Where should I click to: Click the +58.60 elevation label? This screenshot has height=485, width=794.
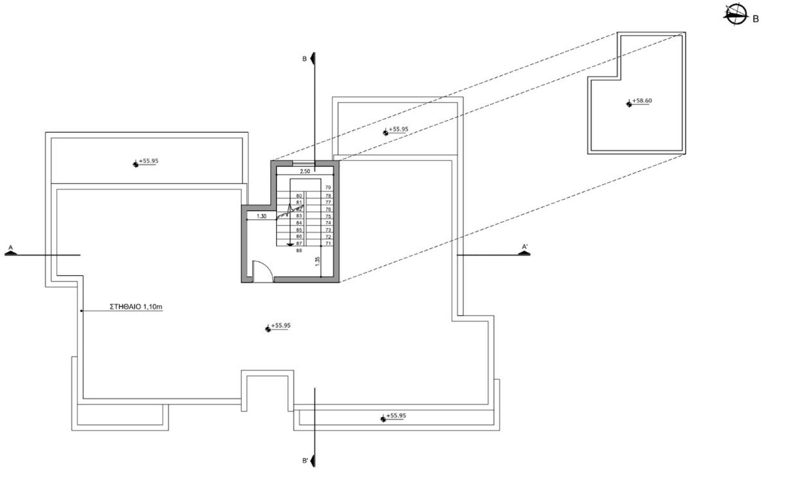[642, 101]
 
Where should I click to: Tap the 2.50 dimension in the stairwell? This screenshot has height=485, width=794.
[305, 171]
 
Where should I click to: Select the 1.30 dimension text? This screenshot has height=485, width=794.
[261, 216]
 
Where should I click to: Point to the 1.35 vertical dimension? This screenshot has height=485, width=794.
[317, 261]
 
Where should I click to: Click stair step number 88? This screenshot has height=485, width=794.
[299, 251]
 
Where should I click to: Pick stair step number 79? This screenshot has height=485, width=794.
[328, 188]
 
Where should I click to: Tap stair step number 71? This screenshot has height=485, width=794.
[328, 244]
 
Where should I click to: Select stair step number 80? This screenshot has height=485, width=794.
[299, 195]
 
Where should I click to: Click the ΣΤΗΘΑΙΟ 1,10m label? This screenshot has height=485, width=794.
[136, 307]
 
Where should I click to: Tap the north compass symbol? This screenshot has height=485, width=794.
[735, 15]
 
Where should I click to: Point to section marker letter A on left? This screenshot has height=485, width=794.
[11, 248]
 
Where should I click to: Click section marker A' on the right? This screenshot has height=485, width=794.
[524, 247]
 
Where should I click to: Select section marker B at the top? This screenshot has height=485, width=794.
[304, 59]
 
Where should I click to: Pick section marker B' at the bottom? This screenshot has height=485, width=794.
[305, 461]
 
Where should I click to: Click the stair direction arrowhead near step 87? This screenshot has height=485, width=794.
[290, 245]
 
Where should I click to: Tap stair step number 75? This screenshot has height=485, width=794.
[328, 216]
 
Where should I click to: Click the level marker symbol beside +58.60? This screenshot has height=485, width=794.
[629, 104]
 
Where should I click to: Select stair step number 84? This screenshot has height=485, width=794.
[299, 223]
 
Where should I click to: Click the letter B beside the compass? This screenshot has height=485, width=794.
[756, 19]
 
